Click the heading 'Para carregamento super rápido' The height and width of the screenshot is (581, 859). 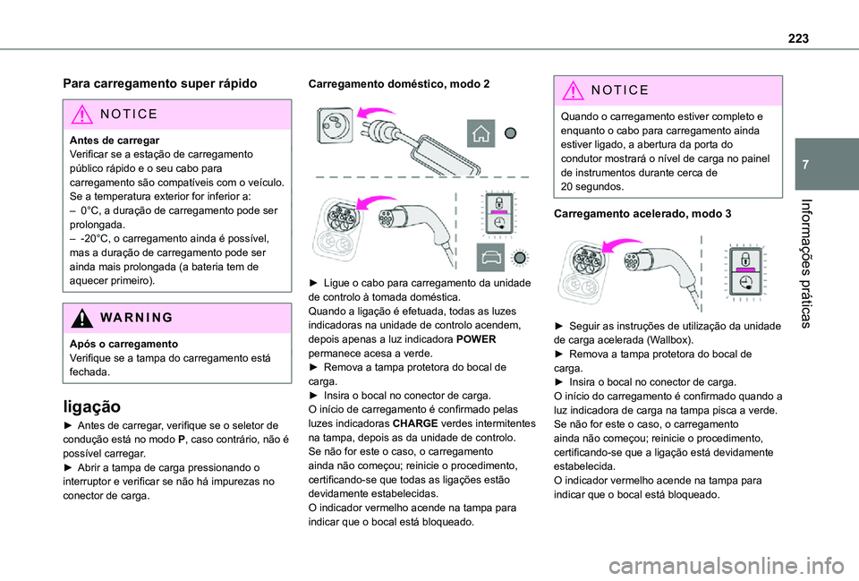pyautogui.click(x=160, y=82)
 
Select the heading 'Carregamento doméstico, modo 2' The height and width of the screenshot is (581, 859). pyautogui.click(x=399, y=82)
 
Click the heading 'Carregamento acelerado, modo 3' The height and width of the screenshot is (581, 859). pyautogui.click(x=643, y=214)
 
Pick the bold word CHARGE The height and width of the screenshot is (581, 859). pyautogui.click(x=413, y=425)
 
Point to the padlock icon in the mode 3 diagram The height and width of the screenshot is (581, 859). pyautogui.click(x=744, y=261)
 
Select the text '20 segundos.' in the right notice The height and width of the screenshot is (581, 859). pyautogui.click(x=591, y=186)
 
